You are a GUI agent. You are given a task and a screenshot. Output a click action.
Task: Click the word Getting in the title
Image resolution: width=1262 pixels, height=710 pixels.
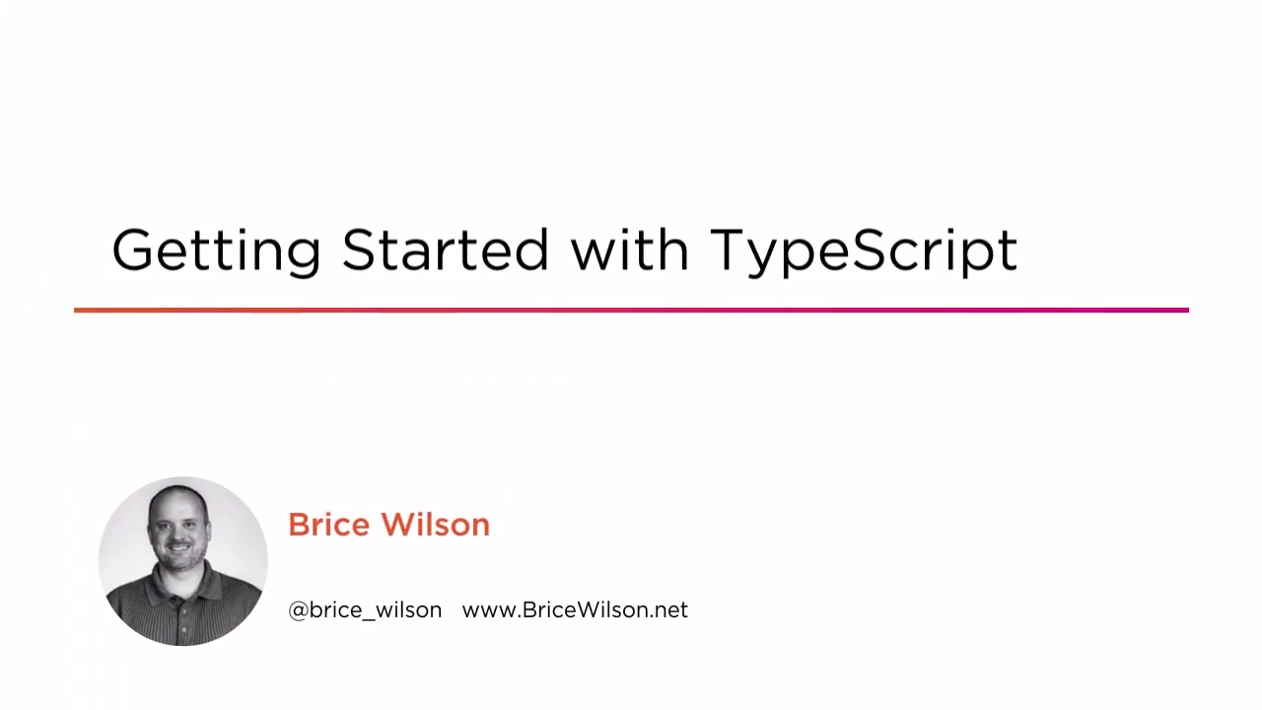216,250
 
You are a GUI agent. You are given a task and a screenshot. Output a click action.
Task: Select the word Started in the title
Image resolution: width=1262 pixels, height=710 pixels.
445,249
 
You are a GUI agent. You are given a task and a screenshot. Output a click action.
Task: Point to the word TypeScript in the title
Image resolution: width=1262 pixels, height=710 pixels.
864,250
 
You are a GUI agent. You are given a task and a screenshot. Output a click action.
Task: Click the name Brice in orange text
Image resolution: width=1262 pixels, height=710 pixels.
330,525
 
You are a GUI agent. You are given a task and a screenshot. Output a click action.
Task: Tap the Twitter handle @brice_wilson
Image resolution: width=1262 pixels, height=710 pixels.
365,610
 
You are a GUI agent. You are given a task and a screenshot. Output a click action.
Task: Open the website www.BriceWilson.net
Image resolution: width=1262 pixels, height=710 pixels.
575,610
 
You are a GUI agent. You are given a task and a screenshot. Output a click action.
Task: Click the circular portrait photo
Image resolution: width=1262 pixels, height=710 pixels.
183,561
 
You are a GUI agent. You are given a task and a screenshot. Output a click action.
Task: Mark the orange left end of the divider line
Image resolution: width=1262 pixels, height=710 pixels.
79,311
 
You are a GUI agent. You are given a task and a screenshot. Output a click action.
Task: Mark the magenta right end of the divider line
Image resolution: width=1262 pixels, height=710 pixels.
1183,311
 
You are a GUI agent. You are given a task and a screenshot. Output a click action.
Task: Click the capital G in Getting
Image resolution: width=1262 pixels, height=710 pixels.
133,250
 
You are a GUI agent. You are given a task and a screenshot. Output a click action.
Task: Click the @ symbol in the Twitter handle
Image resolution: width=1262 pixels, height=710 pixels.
298,610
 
